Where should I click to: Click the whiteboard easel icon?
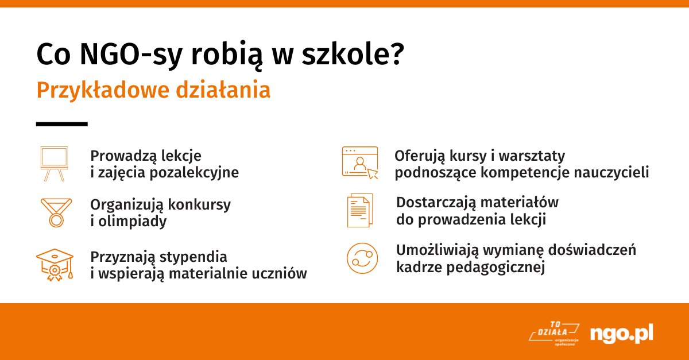pyautogui.click(x=54, y=163)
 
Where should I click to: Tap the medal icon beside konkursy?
pyautogui.click(x=56, y=212)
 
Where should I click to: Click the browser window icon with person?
pyautogui.click(x=359, y=162)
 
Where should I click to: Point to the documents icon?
pyautogui.click(x=359, y=211)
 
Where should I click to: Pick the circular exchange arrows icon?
pyautogui.click(x=362, y=258)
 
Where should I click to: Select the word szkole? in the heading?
pyautogui.click(x=357, y=55)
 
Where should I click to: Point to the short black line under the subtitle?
pyautogui.click(x=61, y=123)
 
